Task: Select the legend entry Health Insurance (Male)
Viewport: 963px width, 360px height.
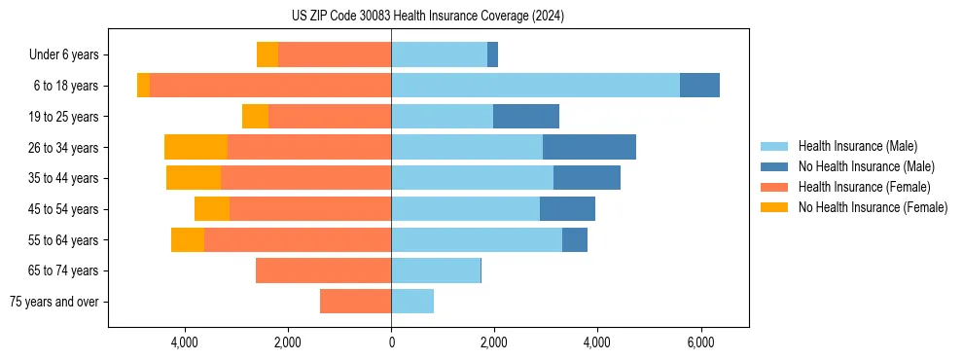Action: click(857, 146)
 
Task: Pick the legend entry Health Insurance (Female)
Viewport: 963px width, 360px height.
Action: click(864, 187)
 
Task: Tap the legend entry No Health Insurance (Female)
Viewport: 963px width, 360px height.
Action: click(873, 207)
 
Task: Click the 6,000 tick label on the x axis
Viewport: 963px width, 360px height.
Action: click(699, 342)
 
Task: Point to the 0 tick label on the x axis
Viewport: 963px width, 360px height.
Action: click(391, 342)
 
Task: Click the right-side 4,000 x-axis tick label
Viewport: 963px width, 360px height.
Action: click(596, 342)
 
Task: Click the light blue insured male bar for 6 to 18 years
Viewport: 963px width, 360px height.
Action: click(535, 86)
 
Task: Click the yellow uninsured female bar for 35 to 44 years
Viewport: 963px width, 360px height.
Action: click(194, 178)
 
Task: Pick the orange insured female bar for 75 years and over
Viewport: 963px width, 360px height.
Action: click(355, 302)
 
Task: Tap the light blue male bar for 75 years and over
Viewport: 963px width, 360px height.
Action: click(412, 302)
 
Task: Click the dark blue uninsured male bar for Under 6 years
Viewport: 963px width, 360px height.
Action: click(492, 54)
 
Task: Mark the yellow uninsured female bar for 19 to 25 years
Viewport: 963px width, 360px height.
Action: click(255, 117)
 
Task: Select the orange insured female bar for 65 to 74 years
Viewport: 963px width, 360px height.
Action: click(323, 270)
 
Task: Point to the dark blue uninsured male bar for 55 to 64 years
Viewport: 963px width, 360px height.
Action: click(575, 239)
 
